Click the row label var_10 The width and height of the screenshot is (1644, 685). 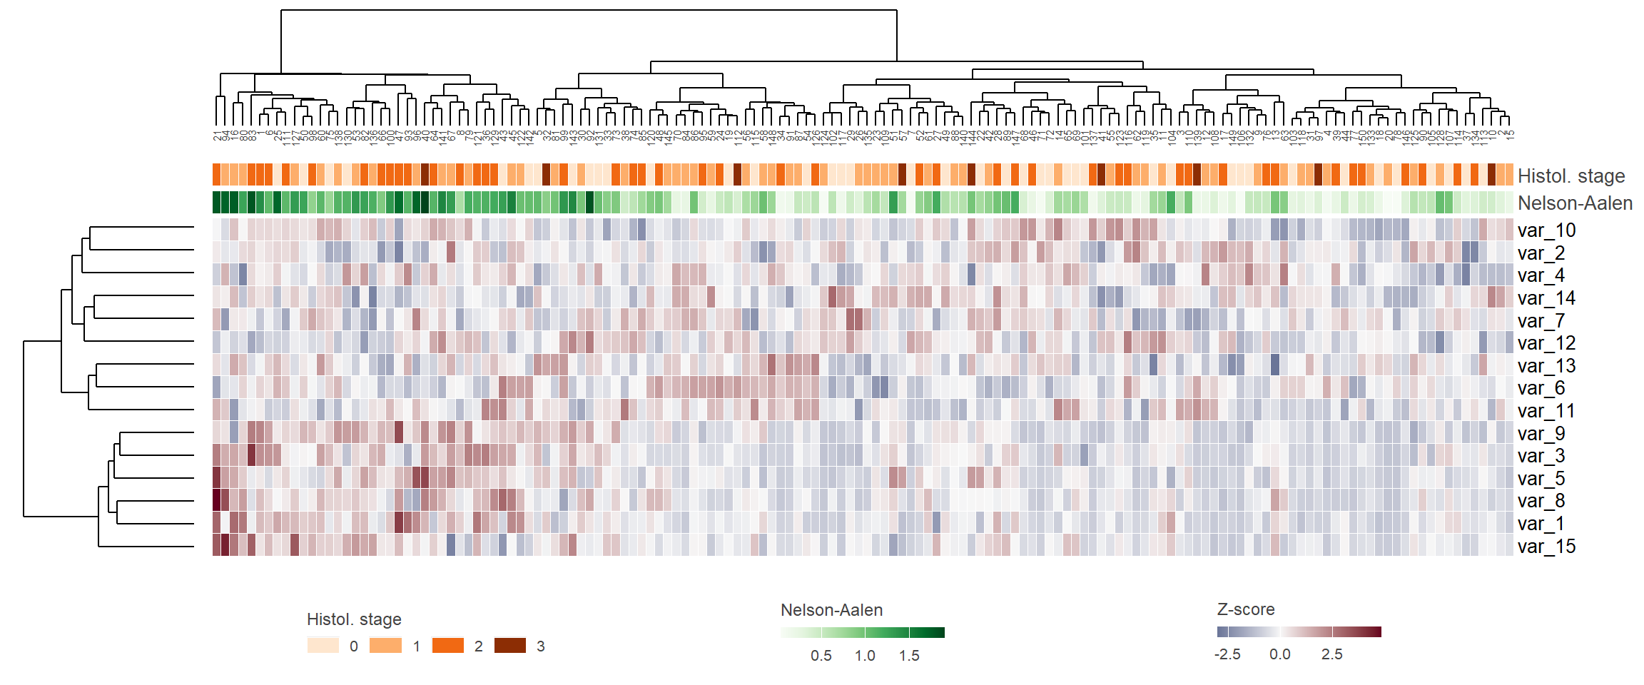1546,230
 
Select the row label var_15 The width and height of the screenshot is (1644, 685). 1546,547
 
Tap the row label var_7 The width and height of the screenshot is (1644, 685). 1541,321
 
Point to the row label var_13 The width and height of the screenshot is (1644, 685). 1546,366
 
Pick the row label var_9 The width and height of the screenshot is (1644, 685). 1541,434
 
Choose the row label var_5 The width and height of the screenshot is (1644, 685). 1541,479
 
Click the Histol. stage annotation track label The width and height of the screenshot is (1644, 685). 1571,176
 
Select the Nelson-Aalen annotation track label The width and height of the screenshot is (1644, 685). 1575,203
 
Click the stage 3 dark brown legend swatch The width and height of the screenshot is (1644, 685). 510,646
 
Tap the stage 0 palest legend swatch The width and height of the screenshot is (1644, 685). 323,646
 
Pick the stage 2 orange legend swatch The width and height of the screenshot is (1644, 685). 447,646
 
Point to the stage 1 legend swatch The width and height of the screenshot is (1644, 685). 385,646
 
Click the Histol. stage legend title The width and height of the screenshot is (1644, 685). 354,619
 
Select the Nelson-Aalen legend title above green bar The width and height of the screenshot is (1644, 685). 831,610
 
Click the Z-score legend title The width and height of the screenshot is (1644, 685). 1245,609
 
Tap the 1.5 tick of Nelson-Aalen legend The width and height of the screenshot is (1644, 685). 908,656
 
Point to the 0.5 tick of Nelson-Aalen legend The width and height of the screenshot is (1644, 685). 821,656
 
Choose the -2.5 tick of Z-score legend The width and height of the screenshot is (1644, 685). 1227,654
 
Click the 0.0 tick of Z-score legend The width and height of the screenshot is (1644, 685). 1279,654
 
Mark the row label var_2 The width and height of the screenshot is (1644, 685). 1541,253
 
